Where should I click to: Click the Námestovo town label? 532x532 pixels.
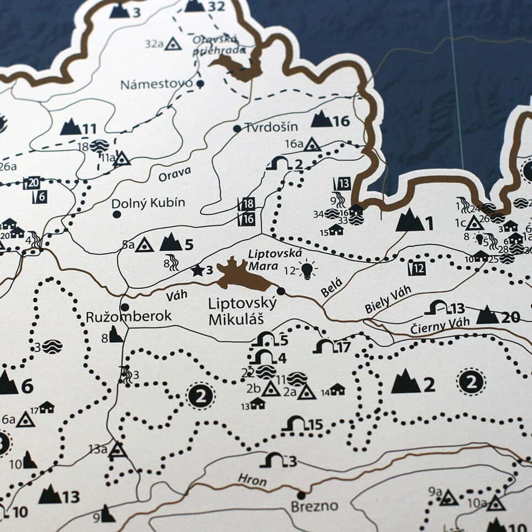pos(156,85)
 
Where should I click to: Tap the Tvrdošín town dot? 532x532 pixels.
pos(237,129)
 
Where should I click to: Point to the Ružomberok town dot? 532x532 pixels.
pos(125,307)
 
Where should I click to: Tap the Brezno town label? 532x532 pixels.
pos(314,506)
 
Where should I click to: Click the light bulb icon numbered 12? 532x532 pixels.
pos(307,270)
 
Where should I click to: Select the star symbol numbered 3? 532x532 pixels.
pos(197,270)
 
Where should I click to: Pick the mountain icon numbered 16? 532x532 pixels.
pos(322,119)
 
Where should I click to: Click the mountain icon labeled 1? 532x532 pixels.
pos(409,220)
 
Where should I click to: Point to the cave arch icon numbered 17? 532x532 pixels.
pos(325,346)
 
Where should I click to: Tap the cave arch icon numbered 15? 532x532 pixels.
pos(296,424)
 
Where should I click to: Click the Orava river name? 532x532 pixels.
pos(175,175)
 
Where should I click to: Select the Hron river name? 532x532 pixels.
pos(252,480)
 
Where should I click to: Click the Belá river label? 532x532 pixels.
pos(331,288)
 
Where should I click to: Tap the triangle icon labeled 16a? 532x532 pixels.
pos(312,145)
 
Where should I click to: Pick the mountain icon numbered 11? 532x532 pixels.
pos(71,128)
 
